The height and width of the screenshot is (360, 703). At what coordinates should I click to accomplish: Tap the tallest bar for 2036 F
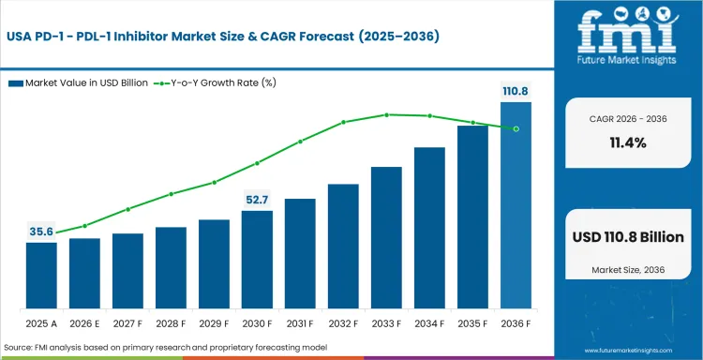pos(516,205)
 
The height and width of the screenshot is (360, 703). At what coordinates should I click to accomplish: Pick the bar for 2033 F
pos(386,238)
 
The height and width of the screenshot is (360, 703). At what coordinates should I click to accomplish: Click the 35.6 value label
pos(40,231)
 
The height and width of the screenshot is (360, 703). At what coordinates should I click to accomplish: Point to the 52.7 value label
pos(257,199)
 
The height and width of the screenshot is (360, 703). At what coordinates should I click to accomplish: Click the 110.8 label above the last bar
pos(516,91)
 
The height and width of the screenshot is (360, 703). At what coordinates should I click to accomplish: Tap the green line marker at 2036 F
pos(516,128)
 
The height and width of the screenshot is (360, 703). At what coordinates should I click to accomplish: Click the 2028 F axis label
pos(171,323)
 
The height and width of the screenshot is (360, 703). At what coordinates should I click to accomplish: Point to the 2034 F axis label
pos(429,323)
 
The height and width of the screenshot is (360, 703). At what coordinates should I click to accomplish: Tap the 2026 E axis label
pos(84,323)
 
